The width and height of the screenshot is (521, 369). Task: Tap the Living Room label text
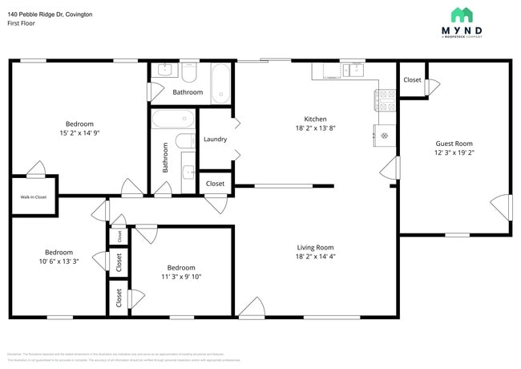(x=314, y=248)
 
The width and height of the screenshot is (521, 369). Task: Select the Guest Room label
(x=454, y=144)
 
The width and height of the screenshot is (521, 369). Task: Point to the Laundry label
(x=215, y=139)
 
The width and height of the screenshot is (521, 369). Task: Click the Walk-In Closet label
(x=33, y=197)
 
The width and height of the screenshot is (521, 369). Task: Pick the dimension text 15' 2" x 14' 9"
(x=79, y=133)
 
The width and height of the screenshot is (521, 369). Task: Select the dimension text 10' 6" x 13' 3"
(x=59, y=261)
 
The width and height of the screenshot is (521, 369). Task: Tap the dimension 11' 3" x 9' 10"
(x=181, y=277)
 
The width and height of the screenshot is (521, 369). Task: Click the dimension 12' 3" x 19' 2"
(x=454, y=152)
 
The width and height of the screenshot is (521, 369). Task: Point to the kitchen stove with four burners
(x=385, y=99)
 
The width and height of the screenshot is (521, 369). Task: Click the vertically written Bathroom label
(x=166, y=157)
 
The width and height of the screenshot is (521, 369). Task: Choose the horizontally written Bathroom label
(x=188, y=92)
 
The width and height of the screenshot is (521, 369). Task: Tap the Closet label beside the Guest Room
(x=412, y=80)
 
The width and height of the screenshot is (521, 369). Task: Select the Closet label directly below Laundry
(x=215, y=184)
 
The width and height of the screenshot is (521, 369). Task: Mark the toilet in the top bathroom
(x=189, y=74)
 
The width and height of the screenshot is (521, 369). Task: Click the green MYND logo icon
(x=462, y=15)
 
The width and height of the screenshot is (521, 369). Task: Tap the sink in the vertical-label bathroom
(x=187, y=172)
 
